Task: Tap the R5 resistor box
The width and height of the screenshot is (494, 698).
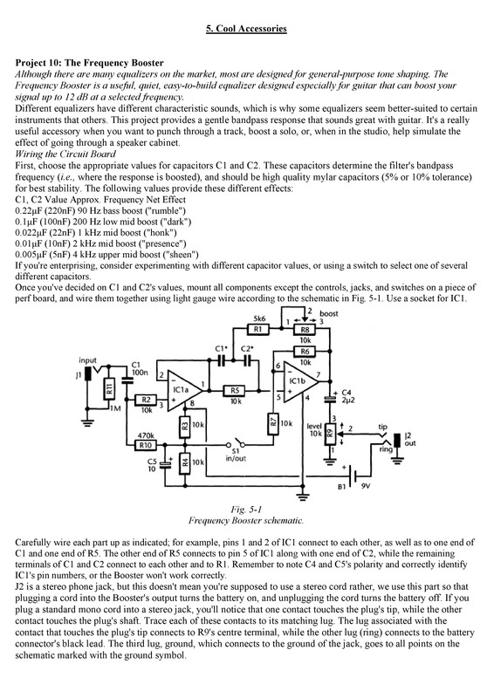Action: (234, 389)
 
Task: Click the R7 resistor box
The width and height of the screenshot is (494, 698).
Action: (272, 423)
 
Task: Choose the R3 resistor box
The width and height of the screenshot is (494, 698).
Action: (184, 426)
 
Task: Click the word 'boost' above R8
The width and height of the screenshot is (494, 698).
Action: (331, 312)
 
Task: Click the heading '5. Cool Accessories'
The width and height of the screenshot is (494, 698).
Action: (246, 29)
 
